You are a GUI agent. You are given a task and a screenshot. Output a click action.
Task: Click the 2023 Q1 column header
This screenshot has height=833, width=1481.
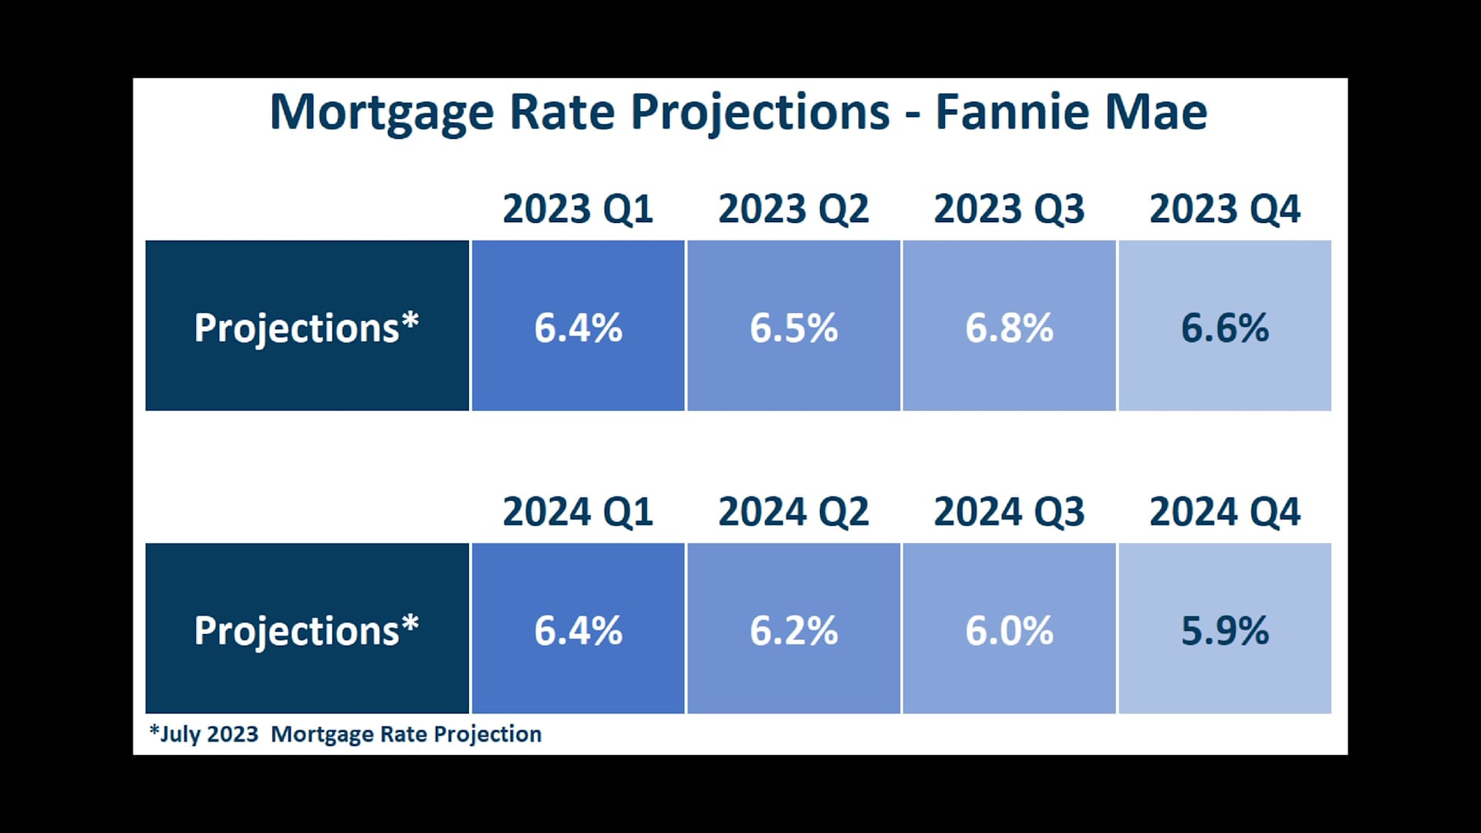tap(578, 209)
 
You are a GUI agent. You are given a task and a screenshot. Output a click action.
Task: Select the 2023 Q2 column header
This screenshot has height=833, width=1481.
tap(794, 209)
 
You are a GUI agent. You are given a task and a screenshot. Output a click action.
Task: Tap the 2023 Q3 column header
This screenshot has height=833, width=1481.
tap(1009, 209)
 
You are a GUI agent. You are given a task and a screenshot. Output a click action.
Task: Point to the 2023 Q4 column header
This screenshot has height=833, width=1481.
tap(1225, 209)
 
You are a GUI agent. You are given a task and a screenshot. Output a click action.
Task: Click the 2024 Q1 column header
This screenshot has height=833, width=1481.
tap(578, 512)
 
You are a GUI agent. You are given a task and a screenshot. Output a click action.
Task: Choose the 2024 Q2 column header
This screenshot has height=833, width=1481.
tap(794, 512)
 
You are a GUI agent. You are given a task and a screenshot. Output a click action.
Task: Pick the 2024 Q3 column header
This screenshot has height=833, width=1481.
tap(1009, 512)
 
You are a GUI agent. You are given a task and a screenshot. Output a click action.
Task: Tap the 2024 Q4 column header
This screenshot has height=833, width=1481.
tap(1225, 512)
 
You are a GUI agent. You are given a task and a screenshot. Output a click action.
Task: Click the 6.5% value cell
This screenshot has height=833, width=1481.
tap(794, 325)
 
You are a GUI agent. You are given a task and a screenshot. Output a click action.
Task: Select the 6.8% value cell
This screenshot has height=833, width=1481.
tap(1009, 325)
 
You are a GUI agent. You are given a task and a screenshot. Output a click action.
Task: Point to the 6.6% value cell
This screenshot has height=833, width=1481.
tap(1225, 325)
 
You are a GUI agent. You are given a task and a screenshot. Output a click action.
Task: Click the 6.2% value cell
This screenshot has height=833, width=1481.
tap(794, 629)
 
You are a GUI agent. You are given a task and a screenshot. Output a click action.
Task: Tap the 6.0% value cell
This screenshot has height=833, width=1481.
tap(1009, 629)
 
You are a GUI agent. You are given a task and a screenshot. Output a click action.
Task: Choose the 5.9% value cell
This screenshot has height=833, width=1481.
tap(1225, 629)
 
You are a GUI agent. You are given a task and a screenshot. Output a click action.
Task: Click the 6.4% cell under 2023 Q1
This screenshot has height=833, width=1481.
tap(578, 325)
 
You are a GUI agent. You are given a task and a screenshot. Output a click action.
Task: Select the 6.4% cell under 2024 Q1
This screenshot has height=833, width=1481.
tap(578, 629)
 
